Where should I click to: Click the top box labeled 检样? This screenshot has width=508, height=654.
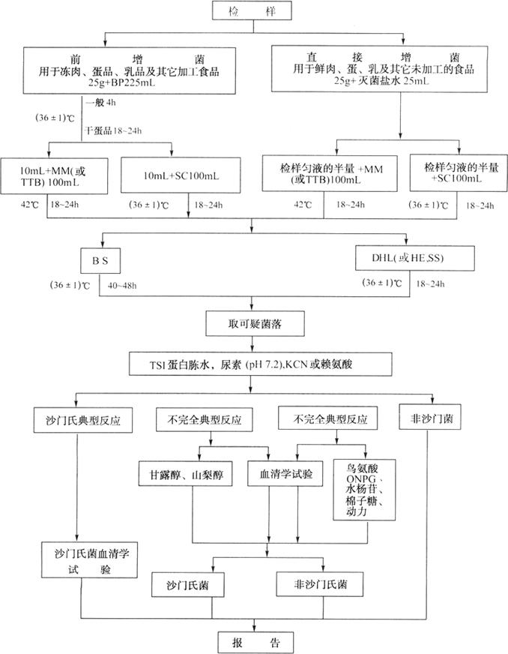(x=255, y=12)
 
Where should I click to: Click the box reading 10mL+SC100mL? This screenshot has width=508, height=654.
(x=181, y=175)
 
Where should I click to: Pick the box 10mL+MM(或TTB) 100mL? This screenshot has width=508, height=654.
(x=52, y=175)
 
